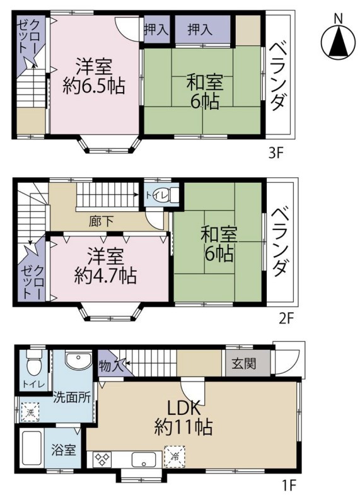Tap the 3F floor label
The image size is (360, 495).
(276, 154)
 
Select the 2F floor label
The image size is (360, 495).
(286, 318)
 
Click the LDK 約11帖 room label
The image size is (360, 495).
(183, 417)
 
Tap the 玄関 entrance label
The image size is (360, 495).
(244, 364)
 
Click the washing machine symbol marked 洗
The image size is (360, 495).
(30, 412)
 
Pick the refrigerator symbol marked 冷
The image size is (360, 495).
(174, 455)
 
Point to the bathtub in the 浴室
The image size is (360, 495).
(32, 448)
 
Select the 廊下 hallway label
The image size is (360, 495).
(101, 221)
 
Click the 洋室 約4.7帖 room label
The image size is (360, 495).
(105, 266)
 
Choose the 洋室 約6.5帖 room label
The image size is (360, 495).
(94, 76)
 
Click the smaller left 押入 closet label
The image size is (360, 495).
(156, 30)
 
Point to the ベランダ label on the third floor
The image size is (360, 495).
(279, 76)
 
